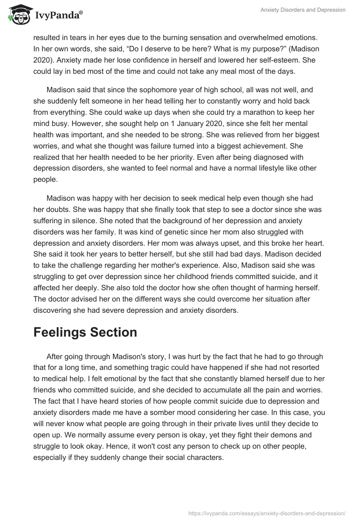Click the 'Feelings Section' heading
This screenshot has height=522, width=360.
click(x=85, y=332)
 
